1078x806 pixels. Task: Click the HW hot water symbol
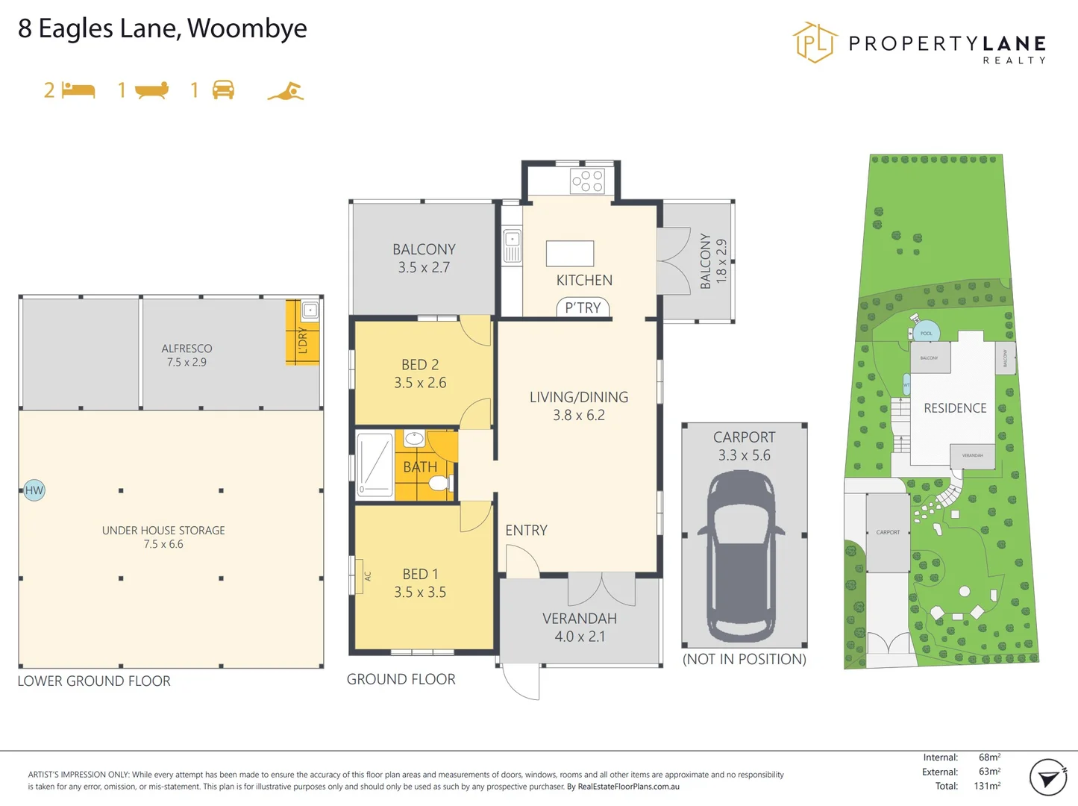pos(34,490)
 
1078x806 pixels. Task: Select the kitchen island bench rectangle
pos(570,254)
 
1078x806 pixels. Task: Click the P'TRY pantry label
pos(583,307)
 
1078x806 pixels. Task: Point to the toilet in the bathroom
pos(439,483)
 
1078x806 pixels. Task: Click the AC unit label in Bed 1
pos(367,576)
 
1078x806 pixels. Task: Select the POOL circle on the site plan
pos(926,333)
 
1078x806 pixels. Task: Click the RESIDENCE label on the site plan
pos(955,408)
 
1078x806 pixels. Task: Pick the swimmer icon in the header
pos(286,91)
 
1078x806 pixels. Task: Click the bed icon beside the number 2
pos(78,90)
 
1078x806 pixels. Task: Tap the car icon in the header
pos(223,90)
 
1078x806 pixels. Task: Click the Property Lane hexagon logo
pos(814,43)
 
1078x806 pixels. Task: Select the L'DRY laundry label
pos(302,341)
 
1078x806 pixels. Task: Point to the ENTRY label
pos(526,530)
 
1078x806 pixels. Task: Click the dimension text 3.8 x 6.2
pos(578,415)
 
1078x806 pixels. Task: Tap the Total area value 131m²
pos(987,786)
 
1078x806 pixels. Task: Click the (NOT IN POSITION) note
pos(744,659)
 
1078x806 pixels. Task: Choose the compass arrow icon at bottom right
pos(1048,778)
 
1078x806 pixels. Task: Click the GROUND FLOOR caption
pos(401,679)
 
